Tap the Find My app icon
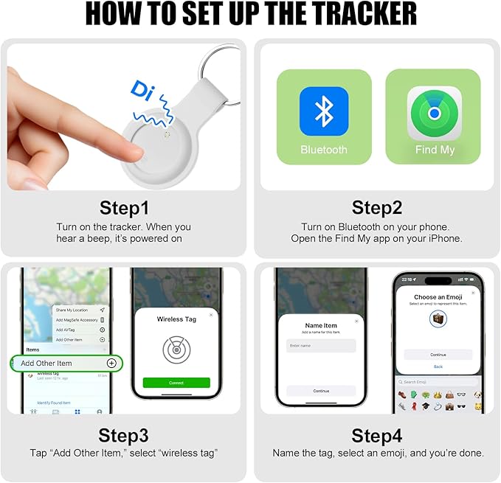point(435,113)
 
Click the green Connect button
point(176,383)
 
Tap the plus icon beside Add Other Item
point(111,363)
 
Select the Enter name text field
point(321,345)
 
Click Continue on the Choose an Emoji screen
point(438,355)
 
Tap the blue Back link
point(438,366)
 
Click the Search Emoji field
point(438,382)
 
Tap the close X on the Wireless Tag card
point(210,315)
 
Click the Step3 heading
point(123,434)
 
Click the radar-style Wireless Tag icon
point(176,350)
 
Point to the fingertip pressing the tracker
point(133,152)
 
